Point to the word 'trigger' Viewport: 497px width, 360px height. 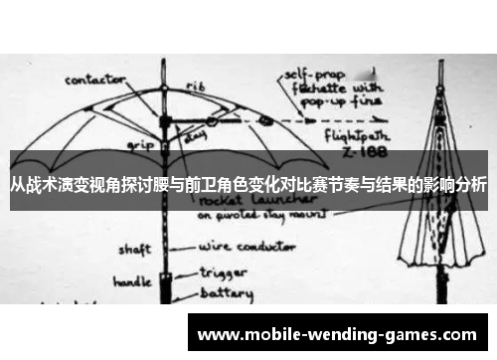(220, 270)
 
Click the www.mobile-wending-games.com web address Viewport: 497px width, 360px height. (338, 336)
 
